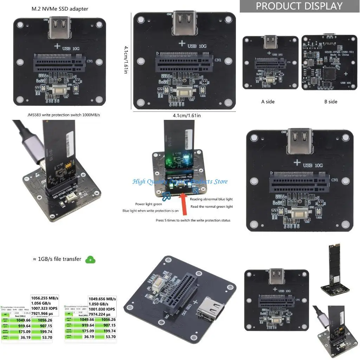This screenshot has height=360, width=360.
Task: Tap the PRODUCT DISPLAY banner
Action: pyautogui.click(x=299, y=6)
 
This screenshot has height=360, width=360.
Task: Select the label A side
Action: pyautogui.click(x=268, y=102)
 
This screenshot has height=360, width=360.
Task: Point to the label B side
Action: pyautogui.click(x=330, y=102)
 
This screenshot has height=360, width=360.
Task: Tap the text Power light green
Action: pyautogui.click(x=149, y=204)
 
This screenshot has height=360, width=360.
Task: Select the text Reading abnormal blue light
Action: pyautogui.click(x=211, y=199)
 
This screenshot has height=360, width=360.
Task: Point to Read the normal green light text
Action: pyautogui.click(x=212, y=207)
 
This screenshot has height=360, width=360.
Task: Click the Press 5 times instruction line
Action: pyautogui.click(x=193, y=220)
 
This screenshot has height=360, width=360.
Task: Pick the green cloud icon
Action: pyautogui.click(x=90, y=260)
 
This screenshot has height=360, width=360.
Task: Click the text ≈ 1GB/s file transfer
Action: pyautogui.click(x=57, y=259)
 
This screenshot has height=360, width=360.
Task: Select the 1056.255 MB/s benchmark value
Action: pyautogui.click(x=45, y=298)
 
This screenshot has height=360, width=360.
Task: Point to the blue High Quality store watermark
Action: pyautogui.click(x=180, y=181)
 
